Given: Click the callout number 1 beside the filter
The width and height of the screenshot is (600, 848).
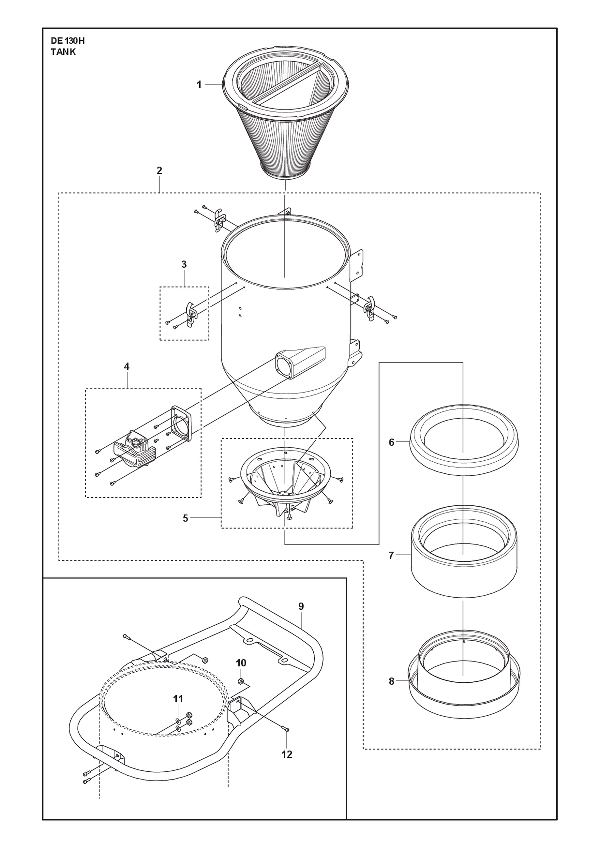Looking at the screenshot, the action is [x=199, y=85].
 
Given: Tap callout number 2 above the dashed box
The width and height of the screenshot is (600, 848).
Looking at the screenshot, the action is [x=159, y=171].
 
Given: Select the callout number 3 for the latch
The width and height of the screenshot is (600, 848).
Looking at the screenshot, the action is [x=184, y=264].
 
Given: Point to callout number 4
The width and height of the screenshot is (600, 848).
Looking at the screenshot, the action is [x=127, y=366].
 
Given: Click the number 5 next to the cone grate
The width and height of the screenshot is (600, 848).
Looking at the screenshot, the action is [x=185, y=518].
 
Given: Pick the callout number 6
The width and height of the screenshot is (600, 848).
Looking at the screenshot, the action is [x=392, y=442].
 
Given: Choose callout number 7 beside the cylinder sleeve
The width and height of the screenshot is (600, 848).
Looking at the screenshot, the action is [x=391, y=555].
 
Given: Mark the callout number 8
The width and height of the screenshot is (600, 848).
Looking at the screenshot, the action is [x=392, y=681].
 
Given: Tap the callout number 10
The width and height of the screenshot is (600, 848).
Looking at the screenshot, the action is [x=241, y=663].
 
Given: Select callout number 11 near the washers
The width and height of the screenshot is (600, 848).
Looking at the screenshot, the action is [x=178, y=699].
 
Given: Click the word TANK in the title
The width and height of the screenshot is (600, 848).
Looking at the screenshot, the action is [x=63, y=52].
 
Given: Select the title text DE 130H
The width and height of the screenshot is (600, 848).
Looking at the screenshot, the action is [x=68, y=41].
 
